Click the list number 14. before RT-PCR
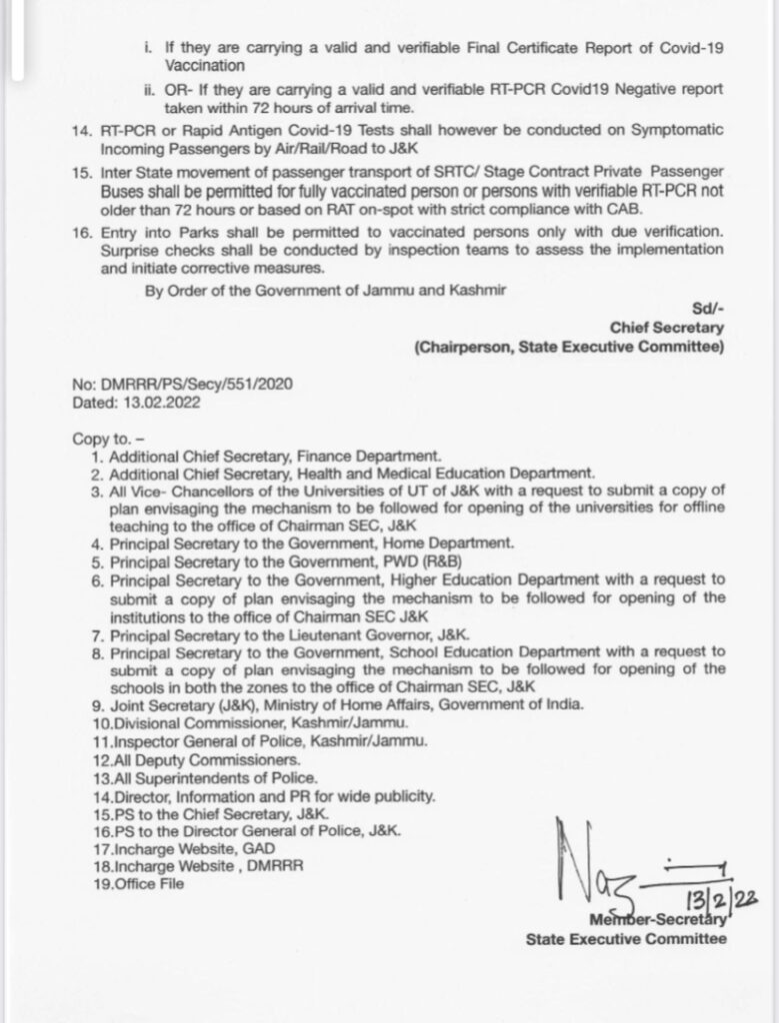82,132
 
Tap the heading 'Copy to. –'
109,439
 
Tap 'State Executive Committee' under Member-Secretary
627,938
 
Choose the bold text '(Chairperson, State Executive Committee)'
569,347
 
